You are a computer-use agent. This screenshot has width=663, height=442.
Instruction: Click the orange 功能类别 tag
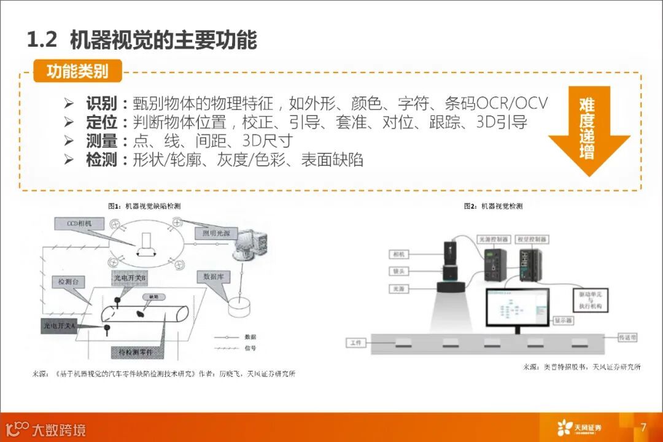77,71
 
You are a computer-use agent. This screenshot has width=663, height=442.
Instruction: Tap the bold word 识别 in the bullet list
101,103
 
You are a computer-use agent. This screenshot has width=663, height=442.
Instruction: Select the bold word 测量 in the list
101,141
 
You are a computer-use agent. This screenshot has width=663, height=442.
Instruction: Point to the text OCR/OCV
512,103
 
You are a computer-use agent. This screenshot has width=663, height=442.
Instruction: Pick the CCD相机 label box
79,224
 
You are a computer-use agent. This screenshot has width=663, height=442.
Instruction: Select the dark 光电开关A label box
58,325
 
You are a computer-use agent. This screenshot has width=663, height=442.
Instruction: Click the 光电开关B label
128,278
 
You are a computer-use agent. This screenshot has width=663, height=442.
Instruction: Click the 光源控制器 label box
493,239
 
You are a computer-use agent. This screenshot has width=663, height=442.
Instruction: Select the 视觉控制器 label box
532,239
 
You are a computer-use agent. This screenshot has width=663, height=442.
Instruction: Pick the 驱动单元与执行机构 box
591,300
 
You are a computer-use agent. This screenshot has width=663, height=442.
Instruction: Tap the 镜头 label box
398,271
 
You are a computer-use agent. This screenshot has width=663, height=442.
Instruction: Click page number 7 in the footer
643,427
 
